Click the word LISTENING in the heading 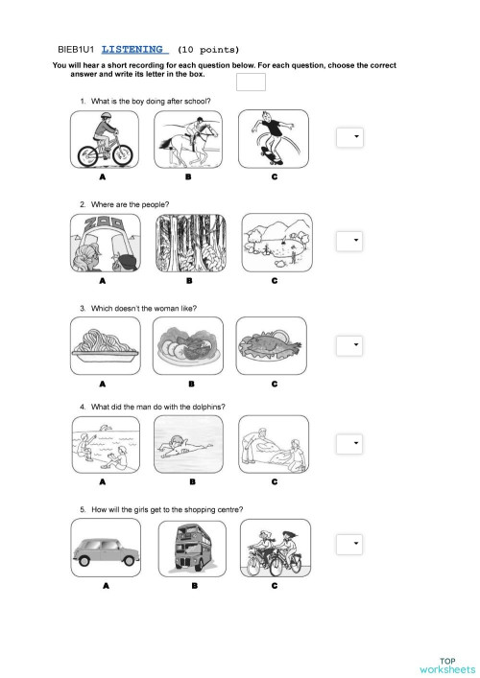tap(134, 49)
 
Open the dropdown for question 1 tap(349, 138)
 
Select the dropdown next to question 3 tap(349, 344)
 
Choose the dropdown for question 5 tap(349, 545)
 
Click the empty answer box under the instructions tap(251, 82)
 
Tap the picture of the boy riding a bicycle tap(104, 139)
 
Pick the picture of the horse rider tap(188, 139)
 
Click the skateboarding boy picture tap(274, 139)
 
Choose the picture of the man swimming tap(188, 446)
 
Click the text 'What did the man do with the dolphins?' tap(157, 407)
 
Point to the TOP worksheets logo tap(446, 665)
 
